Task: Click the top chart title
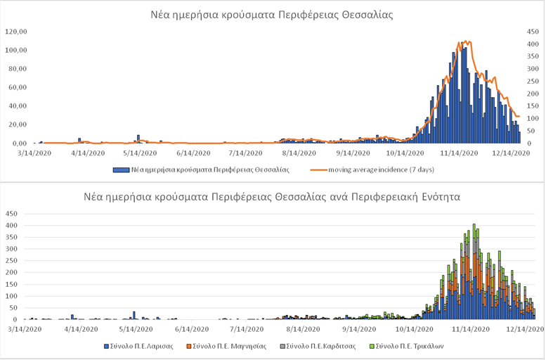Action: click(x=272, y=14)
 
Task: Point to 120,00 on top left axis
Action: click(x=15, y=32)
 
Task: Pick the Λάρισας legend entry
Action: click(x=141, y=346)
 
